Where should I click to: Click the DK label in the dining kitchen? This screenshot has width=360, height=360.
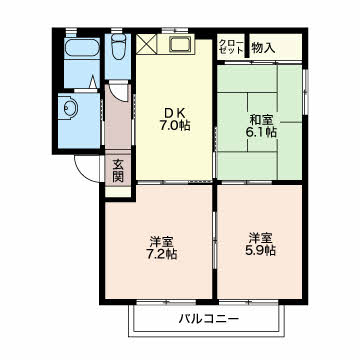173,111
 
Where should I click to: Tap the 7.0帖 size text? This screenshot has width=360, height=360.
173,126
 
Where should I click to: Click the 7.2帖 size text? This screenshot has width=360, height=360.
163,255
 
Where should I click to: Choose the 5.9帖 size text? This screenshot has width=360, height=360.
261,253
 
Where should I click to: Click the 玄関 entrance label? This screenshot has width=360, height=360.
118,171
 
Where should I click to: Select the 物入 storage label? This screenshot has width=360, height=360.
263,46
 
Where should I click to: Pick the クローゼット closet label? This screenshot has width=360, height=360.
229,47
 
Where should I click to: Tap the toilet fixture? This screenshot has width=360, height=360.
118,46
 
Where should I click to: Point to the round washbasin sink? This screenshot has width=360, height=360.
68,107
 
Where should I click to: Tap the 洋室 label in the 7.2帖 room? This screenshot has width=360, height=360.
163,241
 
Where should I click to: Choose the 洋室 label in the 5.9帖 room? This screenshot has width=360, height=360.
261,239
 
